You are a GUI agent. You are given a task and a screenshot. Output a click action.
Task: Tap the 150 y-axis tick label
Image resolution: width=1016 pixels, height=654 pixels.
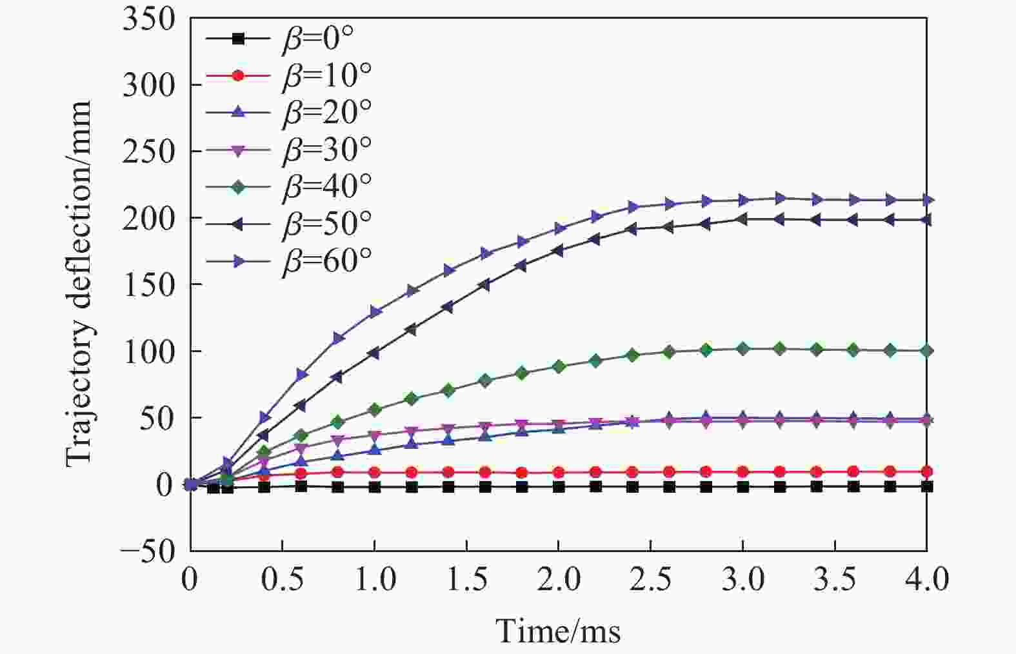pyautogui.click(x=148, y=284)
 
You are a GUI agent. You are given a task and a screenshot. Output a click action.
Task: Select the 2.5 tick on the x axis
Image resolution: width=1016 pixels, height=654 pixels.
pyautogui.click(x=651, y=579)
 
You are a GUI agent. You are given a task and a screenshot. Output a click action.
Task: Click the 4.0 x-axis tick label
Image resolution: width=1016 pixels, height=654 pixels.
pyautogui.click(x=926, y=579)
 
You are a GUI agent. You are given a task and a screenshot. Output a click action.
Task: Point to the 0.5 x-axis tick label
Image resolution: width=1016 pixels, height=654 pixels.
pyautogui.click(x=283, y=579)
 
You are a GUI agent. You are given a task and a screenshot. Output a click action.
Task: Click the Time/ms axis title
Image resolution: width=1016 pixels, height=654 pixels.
pyautogui.click(x=558, y=630)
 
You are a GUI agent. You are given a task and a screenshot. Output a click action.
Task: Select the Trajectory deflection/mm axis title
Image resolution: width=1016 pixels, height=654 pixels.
pyautogui.click(x=79, y=284)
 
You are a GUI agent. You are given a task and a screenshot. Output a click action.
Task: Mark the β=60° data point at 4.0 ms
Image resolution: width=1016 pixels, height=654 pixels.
pyautogui.click(x=927, y=200)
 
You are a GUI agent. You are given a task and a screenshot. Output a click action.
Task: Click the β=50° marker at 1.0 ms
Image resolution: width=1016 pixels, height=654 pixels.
pyautogui.click(x=374, y=353)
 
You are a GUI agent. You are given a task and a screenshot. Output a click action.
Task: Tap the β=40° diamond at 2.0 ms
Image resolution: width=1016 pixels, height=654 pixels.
pyautogui.click(x=559, y=366)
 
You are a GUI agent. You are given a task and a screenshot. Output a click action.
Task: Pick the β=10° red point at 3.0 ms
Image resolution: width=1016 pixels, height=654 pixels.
pyautogui.click(x=742, y=471)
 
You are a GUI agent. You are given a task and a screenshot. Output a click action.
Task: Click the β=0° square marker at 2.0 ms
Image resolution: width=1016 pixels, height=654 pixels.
pyautogui.click(x=559, y=487)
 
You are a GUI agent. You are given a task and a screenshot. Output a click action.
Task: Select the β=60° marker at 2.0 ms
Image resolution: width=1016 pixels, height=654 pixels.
pyautogui.click(x=559, y=229)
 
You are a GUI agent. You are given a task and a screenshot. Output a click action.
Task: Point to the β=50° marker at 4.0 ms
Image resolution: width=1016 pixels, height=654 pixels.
pyautogui.click(x=926, y=220)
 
